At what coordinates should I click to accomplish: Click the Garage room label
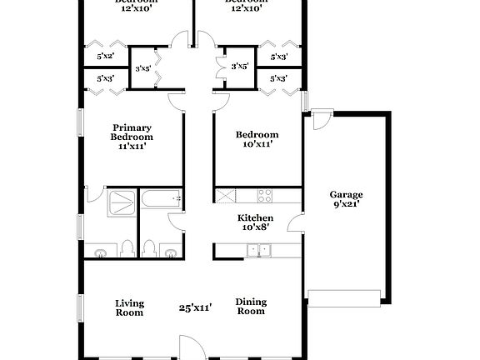[x=344, y=192]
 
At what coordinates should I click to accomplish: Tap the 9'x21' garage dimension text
[x=344, y=203]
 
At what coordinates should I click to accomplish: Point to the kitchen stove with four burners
[x=266, y=196]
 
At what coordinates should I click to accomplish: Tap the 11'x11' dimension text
[x=132, y=146]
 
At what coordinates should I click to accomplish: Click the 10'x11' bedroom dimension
[x=256, y=144]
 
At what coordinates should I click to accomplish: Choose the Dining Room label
[x=250, y=307]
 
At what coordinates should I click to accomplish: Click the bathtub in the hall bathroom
[x=161, y=199]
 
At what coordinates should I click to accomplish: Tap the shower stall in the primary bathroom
[x=122, y=202]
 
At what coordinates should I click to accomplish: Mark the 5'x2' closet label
[x=105, y=57]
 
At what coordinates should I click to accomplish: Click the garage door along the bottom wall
[x=344, y=293]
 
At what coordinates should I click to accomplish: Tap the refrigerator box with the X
[x=227, y=196]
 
